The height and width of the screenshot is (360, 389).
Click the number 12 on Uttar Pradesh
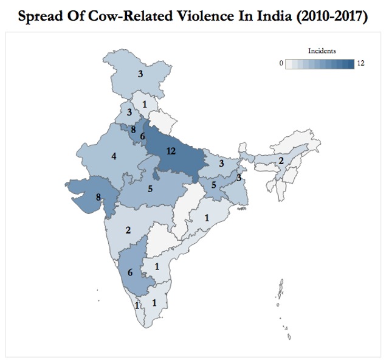(170, 151)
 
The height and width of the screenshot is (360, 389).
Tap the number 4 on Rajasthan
(114, 156)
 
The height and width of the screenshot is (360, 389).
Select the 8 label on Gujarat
(98, 196)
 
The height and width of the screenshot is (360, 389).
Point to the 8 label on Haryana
(133, 129)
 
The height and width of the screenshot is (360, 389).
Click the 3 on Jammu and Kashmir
(140, 75)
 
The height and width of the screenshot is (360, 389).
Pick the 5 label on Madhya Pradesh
(149, 189)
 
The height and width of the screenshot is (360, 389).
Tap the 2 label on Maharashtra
(128, 229)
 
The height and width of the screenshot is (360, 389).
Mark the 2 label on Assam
(281, 161)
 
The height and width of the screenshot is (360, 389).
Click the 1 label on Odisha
(207, 218)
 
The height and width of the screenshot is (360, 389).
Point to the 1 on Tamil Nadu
(154, 302)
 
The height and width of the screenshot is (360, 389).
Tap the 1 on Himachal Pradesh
(144, 104)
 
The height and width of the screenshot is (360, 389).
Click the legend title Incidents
(323, 51)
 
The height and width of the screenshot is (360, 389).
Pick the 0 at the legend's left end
(281, 63)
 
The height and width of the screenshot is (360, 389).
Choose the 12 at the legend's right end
(361, 63)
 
